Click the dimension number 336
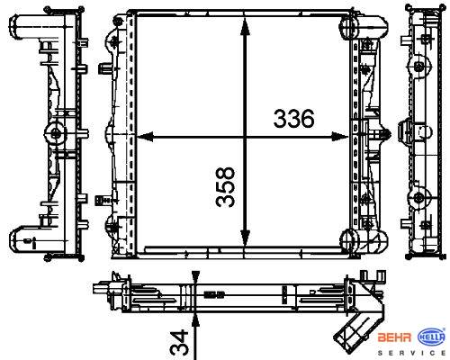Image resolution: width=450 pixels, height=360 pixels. click(x=293, y=118)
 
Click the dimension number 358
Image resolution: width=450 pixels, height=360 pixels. click(x=225, y=186)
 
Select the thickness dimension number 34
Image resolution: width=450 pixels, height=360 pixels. click(x=179, y=342)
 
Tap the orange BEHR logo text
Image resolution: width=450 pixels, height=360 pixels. click(x=394, y=337)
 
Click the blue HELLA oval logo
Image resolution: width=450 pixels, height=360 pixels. click(x=431, y=337)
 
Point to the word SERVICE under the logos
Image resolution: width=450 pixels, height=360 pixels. click(x=411, y=353)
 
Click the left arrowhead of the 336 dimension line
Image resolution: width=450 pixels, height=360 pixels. click(x=145, y=137)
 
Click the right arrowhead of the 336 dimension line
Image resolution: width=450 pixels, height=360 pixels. click(x=339, y=137)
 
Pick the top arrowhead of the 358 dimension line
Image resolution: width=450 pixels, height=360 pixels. click(x=245, y=28)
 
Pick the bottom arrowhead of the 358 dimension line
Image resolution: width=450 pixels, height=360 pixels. click(x=245, y=238)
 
